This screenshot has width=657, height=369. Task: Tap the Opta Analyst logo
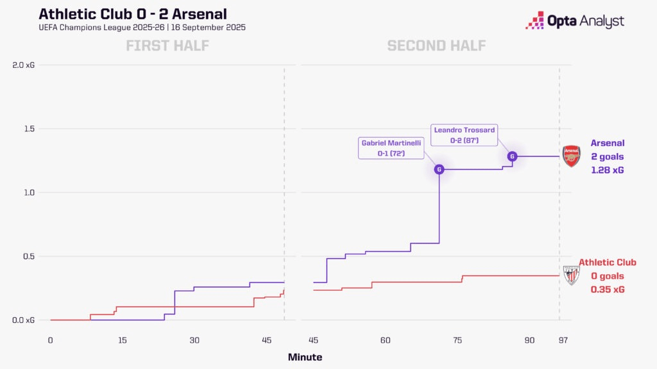pos(574,21)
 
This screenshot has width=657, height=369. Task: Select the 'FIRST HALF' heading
pos(167,45)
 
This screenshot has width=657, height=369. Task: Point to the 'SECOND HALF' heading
pos(436,45)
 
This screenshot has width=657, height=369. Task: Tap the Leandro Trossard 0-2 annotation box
pos(464,135)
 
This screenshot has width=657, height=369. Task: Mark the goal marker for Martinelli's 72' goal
pos(439,170)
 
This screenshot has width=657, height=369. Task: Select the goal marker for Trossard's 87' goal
pos(512,156)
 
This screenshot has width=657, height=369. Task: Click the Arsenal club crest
pos(571,156)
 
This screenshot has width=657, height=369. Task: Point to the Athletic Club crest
pos(571,275)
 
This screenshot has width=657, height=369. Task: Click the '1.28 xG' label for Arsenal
pos(607,170)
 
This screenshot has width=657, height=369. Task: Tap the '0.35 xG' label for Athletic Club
pos(608,290)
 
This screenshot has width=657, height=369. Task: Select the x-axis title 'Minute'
pos(305,357)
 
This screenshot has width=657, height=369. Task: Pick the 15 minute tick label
pos(123,340)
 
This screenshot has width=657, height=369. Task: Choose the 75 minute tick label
pos(457,340)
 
